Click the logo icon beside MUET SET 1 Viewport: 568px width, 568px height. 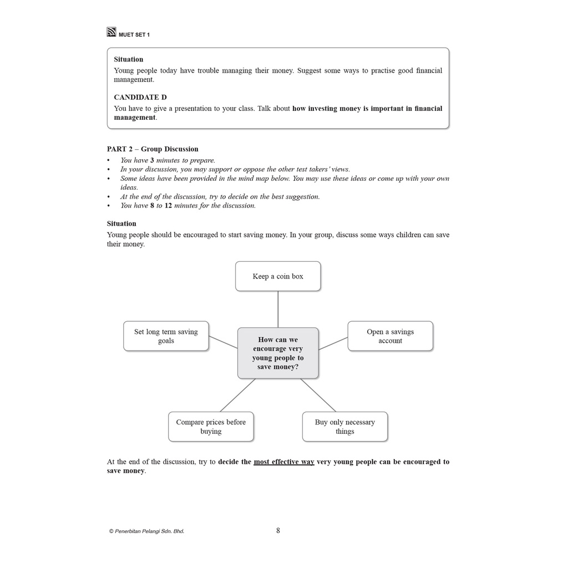111,32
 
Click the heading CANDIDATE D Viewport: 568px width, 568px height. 140,97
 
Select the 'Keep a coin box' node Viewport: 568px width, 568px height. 278,276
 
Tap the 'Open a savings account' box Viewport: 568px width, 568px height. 390,336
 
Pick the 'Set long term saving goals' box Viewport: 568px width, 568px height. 166,336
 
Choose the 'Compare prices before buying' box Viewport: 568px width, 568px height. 211,427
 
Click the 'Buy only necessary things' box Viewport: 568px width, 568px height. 344,427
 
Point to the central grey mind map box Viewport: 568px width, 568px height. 278,353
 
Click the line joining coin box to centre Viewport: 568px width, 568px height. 278,309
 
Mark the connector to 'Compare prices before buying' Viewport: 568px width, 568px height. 237,395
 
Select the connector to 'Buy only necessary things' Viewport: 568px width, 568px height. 318,395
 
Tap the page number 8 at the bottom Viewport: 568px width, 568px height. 278,531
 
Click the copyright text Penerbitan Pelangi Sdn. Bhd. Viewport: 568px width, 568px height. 147,531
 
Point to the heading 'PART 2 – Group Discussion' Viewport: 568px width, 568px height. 153,149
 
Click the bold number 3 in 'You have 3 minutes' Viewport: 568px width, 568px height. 152,160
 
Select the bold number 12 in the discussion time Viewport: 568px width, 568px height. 168,205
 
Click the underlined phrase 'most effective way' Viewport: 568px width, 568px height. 284,461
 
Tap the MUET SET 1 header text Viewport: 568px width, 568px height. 134,34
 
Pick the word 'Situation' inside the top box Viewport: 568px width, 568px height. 129,59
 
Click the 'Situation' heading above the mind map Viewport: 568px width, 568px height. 121,224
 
